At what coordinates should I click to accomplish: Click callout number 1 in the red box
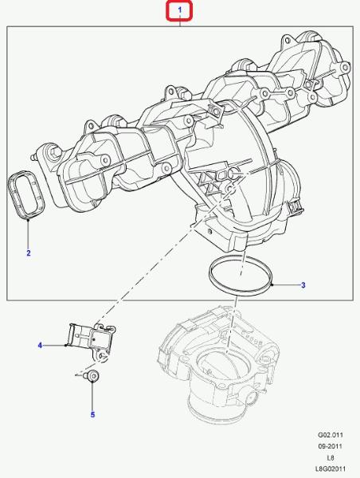[179, 10]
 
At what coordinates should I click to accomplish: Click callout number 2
[29, 253]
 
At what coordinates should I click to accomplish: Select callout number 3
[303, 285]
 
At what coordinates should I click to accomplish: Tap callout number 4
[40, 346]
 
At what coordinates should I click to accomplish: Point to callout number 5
[92, 414]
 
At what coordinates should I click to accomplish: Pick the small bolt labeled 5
[91, 375]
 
